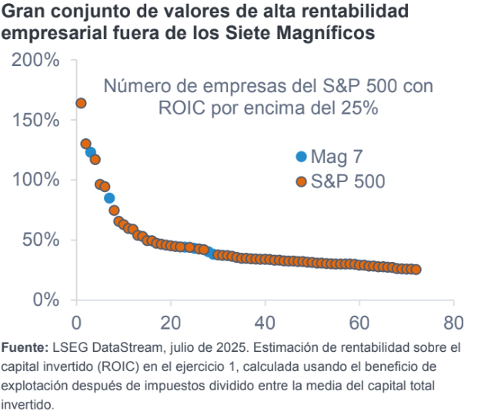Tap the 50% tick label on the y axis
[x=42, y=240]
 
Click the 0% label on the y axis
[x=47, y=300]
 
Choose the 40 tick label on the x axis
[x=265, y=321]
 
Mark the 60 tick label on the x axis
[x=359, y=321]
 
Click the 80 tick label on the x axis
[x=453, y=321]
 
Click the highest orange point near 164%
[x=81, y=103]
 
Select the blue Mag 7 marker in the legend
[x=301, y=157]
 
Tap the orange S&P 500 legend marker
[x=301, y=181]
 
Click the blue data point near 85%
[x=109, y=198]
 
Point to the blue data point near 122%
[x=91, y=152]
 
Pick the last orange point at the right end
[x=416, y=270]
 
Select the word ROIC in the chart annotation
[x=181, y=108]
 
